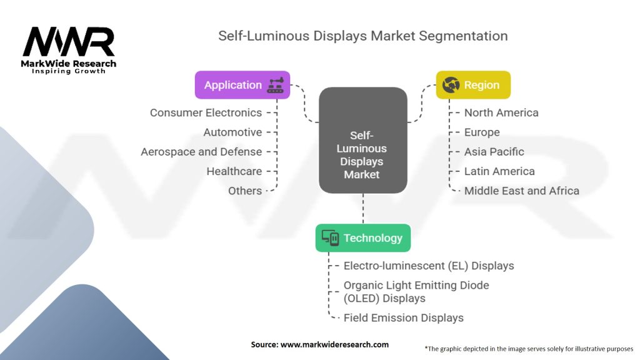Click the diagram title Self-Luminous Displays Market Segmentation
pos(362,36)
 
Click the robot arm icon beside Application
pos(275,85)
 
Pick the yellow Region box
pos(472,85)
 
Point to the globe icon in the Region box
pos(451,85)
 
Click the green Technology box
pos(362,237)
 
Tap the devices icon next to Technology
pos(330,237)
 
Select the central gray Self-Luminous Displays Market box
pos(362,140)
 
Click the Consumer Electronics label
pos(206,112)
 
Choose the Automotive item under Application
pos(232,132)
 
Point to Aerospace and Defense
pos(201,152)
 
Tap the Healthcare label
pos(234,171)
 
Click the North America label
pos(501,112)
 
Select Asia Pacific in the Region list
pos(494,152)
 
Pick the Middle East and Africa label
pos(521,191)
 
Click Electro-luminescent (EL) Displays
pos(429,266)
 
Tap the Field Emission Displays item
pos(404,317)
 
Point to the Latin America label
pos(499,171)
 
